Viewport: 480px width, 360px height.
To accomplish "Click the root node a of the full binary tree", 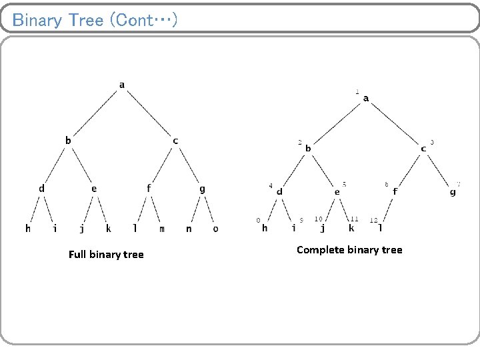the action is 121,85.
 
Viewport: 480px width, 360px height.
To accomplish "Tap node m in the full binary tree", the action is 162,229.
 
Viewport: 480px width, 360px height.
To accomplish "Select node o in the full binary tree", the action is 215,229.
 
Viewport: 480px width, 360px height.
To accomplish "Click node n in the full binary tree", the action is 189,229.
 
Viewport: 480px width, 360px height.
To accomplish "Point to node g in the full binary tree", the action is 202,189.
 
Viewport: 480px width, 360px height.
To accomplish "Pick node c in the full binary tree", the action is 175,141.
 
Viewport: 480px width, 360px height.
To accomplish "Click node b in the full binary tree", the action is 67,140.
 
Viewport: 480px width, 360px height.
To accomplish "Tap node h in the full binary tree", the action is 28,228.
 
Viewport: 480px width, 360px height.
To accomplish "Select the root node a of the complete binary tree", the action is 366,99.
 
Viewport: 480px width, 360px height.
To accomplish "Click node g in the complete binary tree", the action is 453,192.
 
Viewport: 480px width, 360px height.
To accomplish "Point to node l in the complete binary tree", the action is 380,227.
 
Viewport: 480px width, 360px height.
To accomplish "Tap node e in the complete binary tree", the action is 337,191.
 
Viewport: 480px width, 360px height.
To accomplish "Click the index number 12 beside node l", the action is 373,220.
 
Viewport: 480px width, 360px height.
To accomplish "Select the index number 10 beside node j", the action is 319,219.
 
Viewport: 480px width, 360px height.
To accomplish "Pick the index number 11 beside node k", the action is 354,219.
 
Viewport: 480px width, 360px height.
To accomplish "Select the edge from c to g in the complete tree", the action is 438,170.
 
